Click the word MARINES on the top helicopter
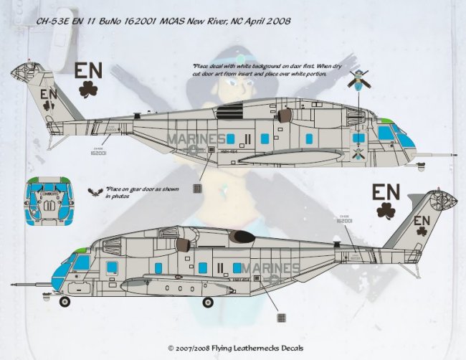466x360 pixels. click(x=196, y=138)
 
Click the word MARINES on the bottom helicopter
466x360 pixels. click(x=271, y=268)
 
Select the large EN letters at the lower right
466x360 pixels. click(x=386, y=193)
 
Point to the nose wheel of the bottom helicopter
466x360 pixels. click(x=65, y=300)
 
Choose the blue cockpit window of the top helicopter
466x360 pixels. click(x=386, y=132)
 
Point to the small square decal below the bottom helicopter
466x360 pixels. click(x=280, y=317)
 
